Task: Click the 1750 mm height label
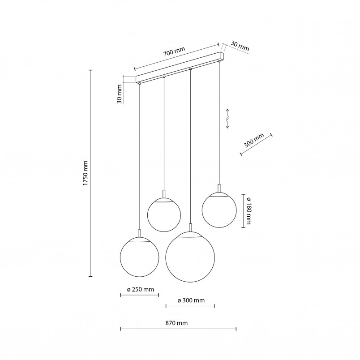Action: [86, 173]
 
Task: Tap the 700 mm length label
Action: [174, 52]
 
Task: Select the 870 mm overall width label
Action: [176, 323]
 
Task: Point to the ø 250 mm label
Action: [140, 290]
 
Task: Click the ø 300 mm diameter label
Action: [191, 300]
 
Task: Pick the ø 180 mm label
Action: [248, 210]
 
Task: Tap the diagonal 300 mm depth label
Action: [253, 140]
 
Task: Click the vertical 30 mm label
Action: [120, 94]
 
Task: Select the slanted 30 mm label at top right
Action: [240, 46]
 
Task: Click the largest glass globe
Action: [190, 257]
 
